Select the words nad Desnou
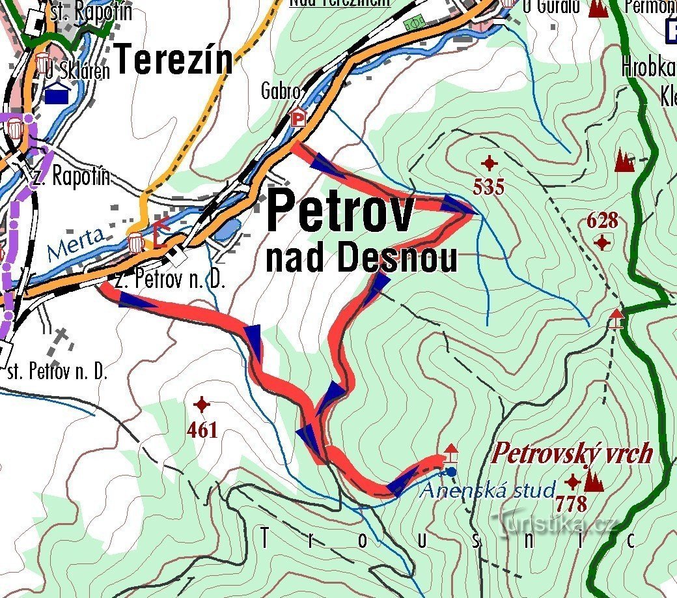[361, 259]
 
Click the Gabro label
[281, 92]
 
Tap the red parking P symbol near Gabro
[298, 118]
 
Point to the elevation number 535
[489, 188]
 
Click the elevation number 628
[602, 220]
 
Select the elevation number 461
[202, 430]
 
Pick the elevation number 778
[572, 504]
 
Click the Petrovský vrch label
[572, 453]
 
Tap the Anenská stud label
[488, 490]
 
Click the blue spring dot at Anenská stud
[452, 472]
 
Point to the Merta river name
[76, 243]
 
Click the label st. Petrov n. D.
[57, 373]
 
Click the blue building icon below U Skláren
[58, 95]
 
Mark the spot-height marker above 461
[202, 405]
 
